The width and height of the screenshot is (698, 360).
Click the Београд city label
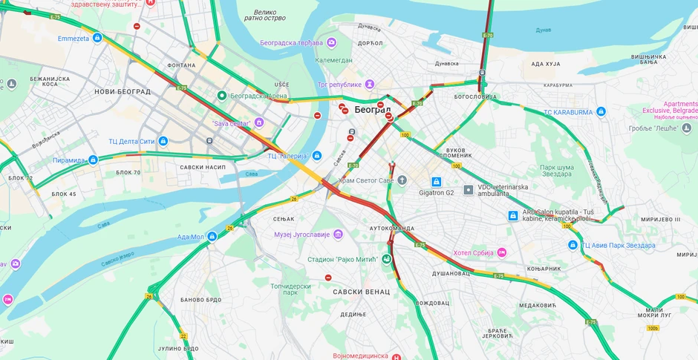[372, 109]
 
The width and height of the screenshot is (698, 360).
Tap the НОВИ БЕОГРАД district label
[123, 92]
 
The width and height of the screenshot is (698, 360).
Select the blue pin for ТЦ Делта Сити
[163, 141]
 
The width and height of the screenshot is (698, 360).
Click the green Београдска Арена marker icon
[221, 96]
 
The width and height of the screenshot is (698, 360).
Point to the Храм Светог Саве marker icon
[402, 180]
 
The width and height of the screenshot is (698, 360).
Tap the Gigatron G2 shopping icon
[437, 181]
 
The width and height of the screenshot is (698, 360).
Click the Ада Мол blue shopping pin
[212, 237]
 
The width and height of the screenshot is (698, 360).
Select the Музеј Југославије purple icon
[338, 235]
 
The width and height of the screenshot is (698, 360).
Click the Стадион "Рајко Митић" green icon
[387, 259]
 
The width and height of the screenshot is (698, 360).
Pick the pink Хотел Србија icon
[501, 252]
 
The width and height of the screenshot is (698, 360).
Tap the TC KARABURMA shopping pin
[601, 112]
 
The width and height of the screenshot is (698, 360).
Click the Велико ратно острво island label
[265, 15]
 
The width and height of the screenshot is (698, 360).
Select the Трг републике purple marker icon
[369, 85]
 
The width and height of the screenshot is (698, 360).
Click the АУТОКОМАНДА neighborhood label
[391, 228]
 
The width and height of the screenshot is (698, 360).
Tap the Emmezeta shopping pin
[97, 38]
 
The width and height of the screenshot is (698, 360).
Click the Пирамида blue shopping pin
[93, 160]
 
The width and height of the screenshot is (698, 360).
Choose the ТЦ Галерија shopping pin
[317, 156]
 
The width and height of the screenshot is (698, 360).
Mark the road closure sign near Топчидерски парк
[328, 278]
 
